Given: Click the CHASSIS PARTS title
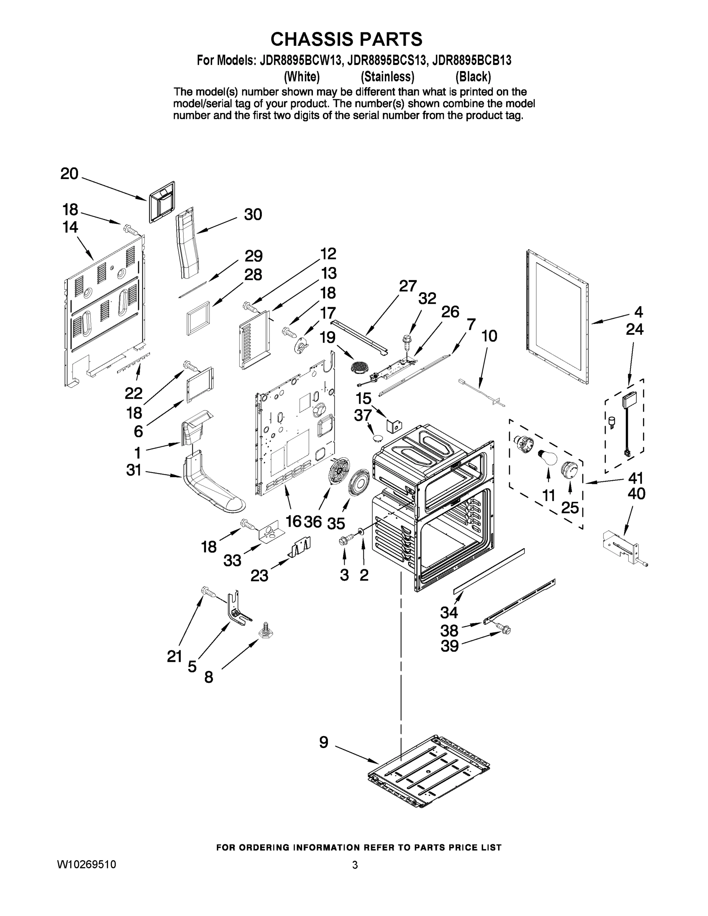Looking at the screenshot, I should (x=346, y=39).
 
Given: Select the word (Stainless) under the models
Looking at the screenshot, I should (x=387, y=77).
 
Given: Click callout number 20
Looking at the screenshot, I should (x=69, y=173).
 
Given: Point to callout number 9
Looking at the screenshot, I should (x=324, y=742).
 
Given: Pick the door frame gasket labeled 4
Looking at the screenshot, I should (x=556, y=318).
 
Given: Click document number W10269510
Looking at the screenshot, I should (x=86, y=864).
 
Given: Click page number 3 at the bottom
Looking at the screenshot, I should (x=355, y=864).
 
